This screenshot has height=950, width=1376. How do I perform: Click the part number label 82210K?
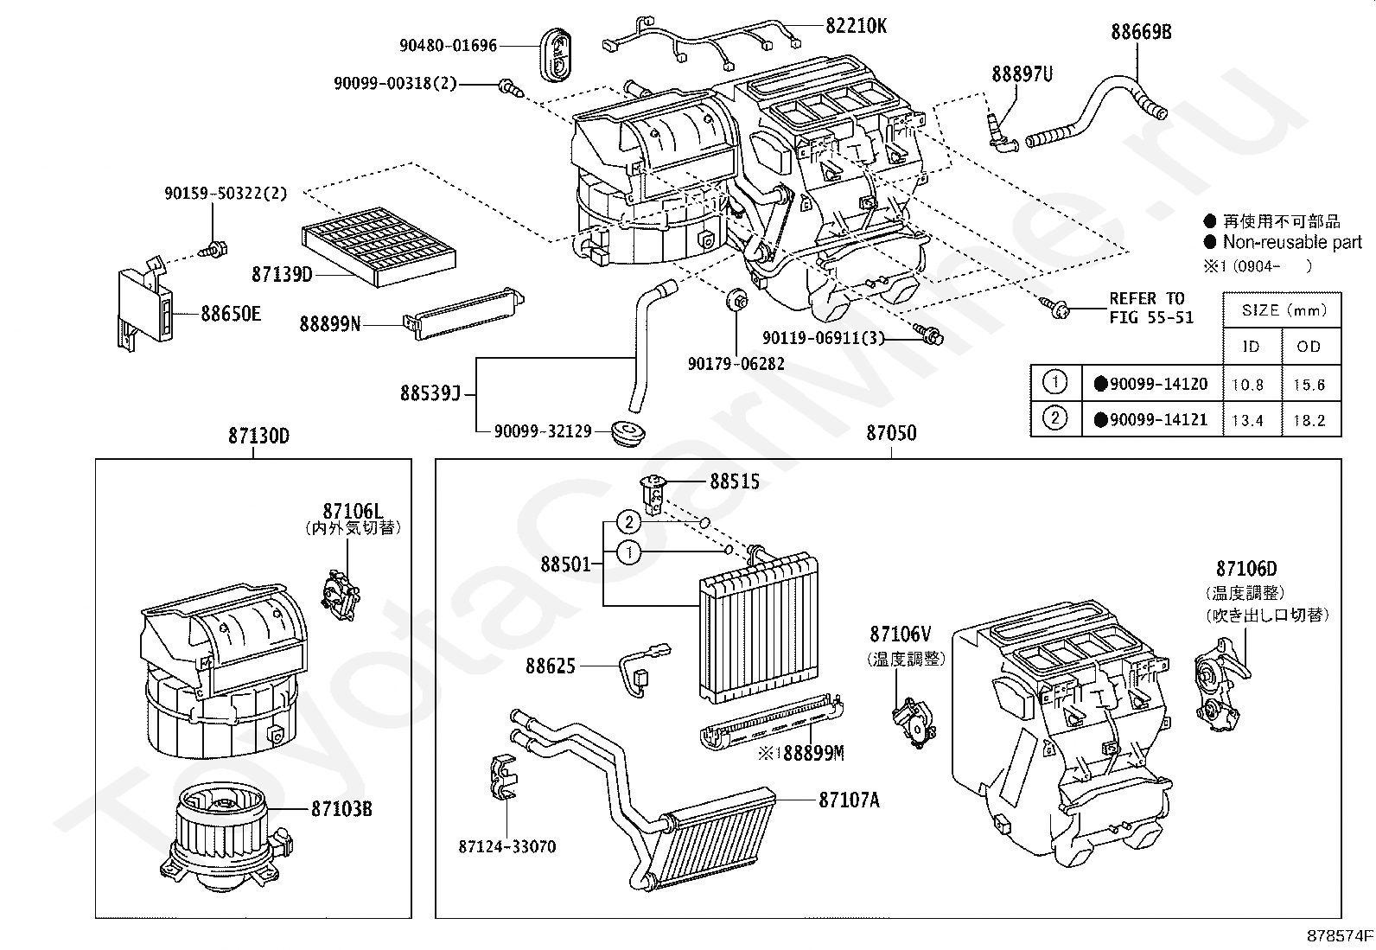856,26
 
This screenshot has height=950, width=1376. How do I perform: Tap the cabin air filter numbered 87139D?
379,246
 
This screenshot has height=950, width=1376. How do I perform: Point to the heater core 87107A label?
849,800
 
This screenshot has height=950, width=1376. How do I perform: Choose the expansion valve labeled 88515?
651,494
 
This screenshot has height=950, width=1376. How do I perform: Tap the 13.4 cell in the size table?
1247,420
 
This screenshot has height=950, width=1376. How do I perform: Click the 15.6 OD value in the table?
1309,385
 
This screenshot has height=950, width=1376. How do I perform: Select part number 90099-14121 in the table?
1158,420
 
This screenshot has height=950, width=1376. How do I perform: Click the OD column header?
1309,347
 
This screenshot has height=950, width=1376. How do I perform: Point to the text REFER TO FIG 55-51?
1151,308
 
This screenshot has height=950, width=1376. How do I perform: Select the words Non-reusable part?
1292,242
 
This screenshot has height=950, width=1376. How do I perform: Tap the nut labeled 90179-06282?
736,301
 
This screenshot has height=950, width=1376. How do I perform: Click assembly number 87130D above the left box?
258,436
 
